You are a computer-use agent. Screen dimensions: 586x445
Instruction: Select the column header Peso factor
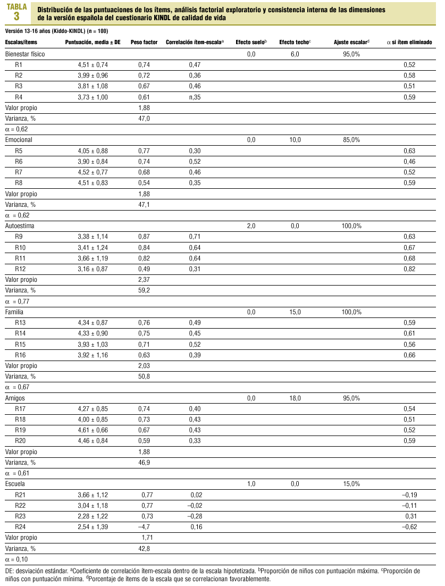[144, 41]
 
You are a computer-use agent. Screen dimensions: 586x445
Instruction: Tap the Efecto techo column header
[295, 41]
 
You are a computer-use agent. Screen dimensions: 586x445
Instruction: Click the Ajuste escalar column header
[351, 41]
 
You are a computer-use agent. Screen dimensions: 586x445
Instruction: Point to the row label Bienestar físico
[25, 54]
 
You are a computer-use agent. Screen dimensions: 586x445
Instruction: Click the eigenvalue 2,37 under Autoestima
[144, 279]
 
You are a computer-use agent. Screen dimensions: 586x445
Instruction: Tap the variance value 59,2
[144, 290]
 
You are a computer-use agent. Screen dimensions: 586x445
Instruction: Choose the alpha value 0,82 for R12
[409, 269]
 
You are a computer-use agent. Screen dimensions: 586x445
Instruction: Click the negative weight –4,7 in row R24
[143, 527]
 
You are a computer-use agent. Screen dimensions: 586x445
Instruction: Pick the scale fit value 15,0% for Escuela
[351, 484]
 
